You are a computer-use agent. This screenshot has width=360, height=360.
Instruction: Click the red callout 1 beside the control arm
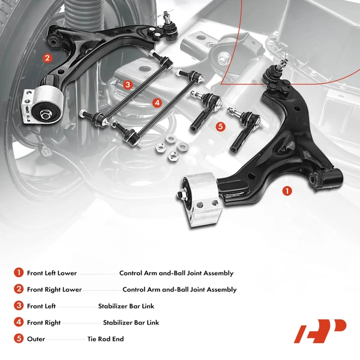coord(287,191)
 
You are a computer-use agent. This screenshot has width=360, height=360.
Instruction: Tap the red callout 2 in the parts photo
coord(46,58)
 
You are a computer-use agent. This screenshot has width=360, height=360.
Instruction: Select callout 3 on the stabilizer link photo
coord(127,85)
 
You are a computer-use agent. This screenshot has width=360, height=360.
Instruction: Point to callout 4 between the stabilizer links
coord(157,103)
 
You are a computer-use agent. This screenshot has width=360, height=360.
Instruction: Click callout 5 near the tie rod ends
coord(220,127)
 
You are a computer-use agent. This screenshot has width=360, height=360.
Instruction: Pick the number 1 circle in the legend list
coord(18,273)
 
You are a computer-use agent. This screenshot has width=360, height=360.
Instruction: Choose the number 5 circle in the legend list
coord(18,339)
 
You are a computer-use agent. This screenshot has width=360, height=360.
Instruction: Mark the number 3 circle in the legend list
coord(18,306)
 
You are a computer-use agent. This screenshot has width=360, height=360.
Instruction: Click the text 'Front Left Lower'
coord(52,274)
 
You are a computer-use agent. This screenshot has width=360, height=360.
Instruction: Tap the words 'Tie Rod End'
coord(105,340)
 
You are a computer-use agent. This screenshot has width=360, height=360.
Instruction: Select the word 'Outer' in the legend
coord(36,340)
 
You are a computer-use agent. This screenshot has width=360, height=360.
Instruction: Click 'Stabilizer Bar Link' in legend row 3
coord(126,307)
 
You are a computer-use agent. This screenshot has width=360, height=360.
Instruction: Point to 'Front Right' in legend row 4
coord(44,323)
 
